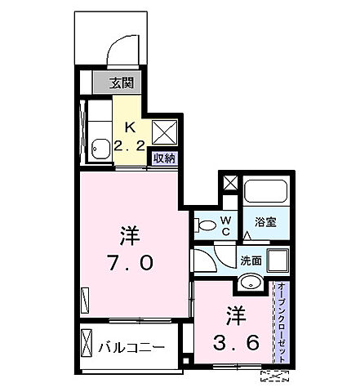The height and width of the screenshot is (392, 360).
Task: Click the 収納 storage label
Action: pos(163,159)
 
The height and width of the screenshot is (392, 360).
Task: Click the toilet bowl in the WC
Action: pos(205,225)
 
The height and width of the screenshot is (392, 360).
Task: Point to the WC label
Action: pos(226,225)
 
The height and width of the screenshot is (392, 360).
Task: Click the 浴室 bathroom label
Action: pos(264,221)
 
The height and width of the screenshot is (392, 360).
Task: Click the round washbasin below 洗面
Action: pos(251,283)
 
